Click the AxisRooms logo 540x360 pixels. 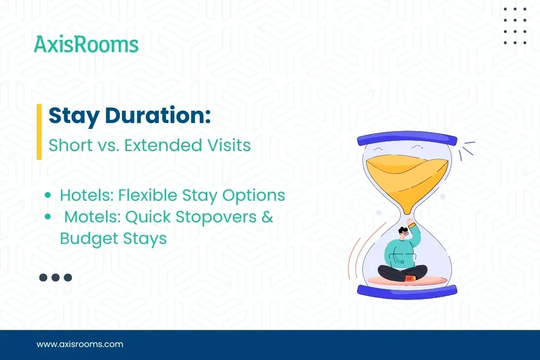tap(86, 44)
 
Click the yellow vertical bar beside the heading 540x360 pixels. tap(39, 132)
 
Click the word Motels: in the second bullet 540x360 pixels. tap(92, 217)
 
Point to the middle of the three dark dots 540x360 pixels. tap(56, 277)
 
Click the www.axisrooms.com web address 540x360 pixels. tap(80, 344)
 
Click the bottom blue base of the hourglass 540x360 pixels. tap(407, 289)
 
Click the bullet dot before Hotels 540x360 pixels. tap(49, 195)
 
